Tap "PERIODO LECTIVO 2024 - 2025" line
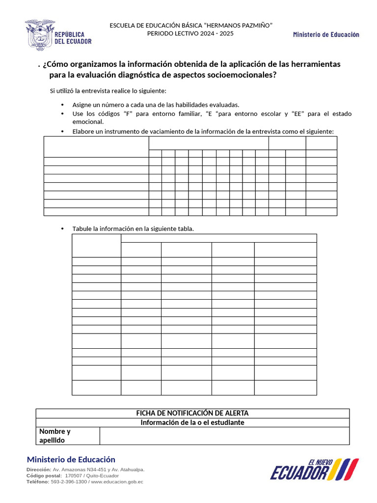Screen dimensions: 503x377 (191, 33)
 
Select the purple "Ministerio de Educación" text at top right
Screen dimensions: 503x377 (326, 34)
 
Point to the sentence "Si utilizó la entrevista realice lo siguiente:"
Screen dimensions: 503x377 (108, 91)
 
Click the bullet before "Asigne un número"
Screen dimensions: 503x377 (62, 105)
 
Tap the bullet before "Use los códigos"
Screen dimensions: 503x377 (62, 114)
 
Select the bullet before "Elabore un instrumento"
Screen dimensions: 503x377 (62, 132)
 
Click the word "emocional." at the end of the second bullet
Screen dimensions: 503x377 (88, 122)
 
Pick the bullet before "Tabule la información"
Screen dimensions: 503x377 (62, 229)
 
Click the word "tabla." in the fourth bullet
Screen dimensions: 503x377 (186, 229)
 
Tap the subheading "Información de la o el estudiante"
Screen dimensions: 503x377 (192, 422)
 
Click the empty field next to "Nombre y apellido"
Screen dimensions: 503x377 (224, 436)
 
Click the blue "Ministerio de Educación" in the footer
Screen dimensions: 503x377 (71, 460)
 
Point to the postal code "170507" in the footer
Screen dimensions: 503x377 (74, 476)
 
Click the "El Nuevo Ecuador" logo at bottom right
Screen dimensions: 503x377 (314, 469)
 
